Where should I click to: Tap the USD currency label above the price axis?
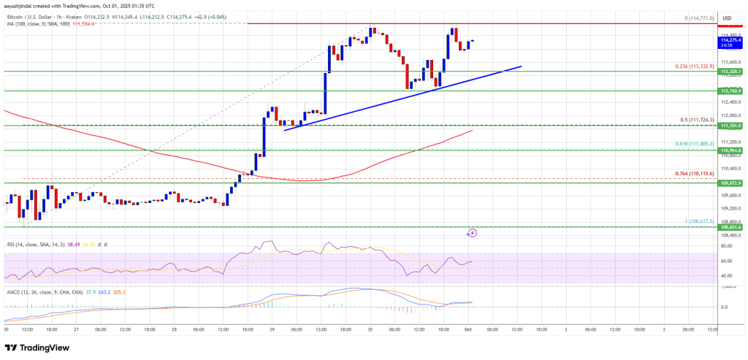point(727,18)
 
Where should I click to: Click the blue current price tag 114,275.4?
point(730,42)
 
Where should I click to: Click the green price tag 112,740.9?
point(730,91)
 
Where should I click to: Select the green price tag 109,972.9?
point(730,183)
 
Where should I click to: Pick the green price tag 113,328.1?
point(730,72)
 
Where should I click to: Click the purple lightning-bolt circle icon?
point(472,234)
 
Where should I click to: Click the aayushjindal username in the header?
point(23,5)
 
